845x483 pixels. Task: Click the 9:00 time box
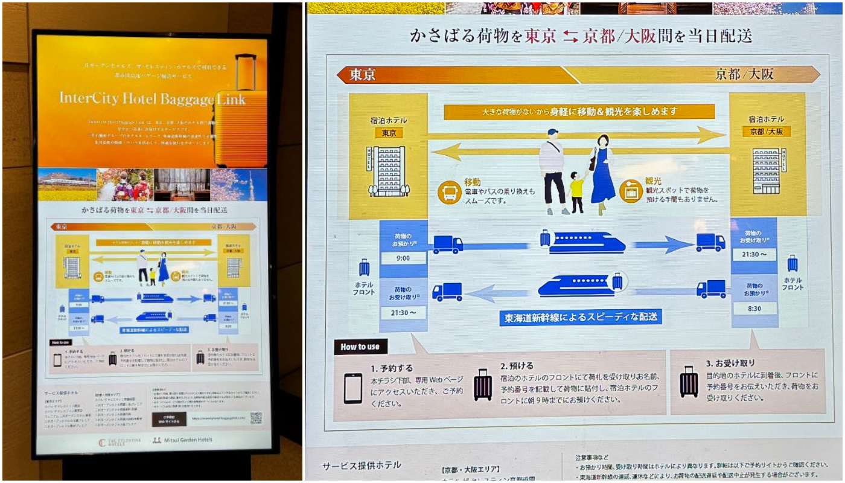point(403,258)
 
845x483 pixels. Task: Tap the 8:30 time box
point(754,308)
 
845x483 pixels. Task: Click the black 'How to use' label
point(360,347)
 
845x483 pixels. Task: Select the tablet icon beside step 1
point(353,388)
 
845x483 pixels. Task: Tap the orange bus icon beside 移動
point(450,192)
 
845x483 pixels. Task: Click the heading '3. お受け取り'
point(730,363)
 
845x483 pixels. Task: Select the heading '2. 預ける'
point(517,366)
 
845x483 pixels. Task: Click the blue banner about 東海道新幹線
point(580,316)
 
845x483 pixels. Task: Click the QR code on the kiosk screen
point(256,418)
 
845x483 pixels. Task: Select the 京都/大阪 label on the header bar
point(744,74)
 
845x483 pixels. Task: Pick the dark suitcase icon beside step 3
point(689,382)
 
